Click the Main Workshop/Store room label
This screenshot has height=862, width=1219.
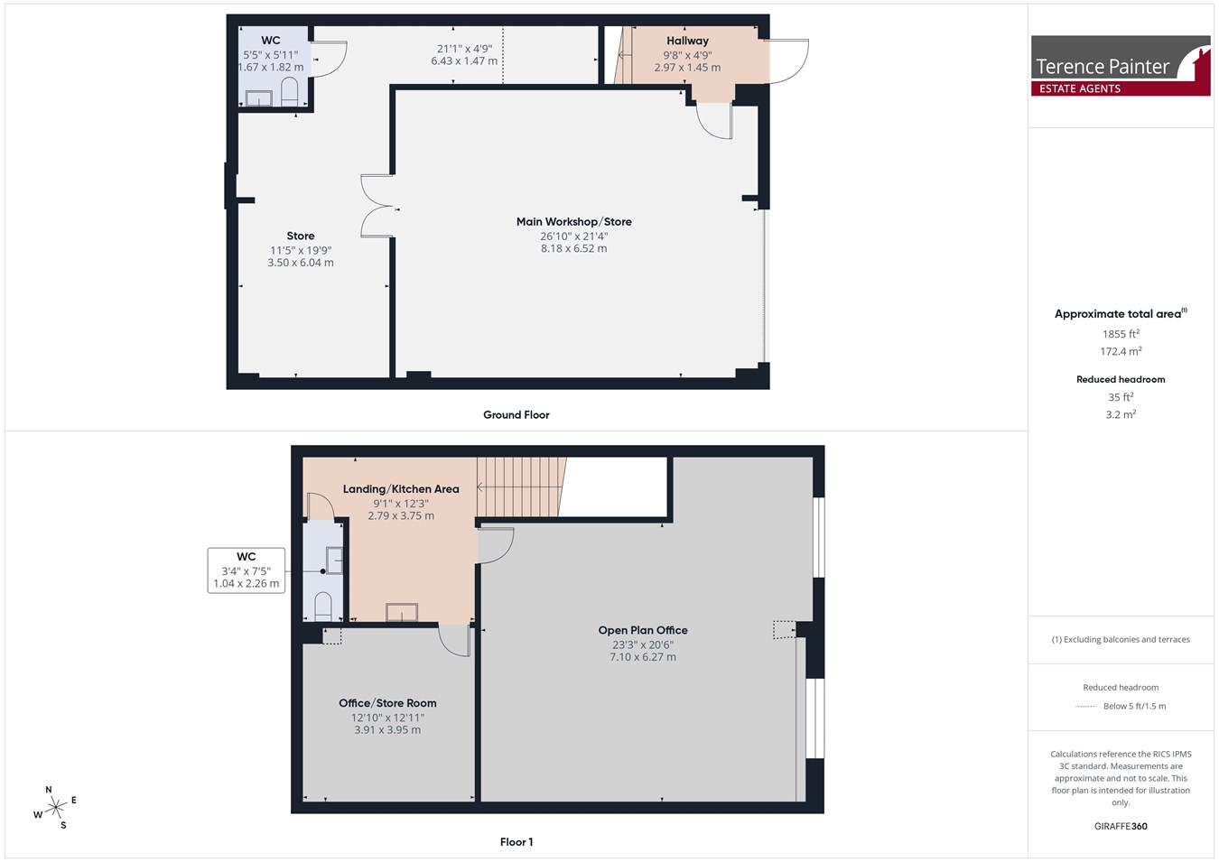573,222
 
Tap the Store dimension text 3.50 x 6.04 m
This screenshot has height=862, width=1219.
301,263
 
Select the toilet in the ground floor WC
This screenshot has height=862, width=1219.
290,91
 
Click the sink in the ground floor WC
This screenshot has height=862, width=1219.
258,98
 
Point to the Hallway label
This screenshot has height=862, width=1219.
687,41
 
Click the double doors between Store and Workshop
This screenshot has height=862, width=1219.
377,206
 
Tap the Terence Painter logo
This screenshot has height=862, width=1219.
1121,66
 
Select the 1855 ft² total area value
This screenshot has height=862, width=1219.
1121,333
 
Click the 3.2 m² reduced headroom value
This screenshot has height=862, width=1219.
1121,414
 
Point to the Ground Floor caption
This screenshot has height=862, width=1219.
516,415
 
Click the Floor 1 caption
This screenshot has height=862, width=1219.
516,842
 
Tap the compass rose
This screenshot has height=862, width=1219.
55,808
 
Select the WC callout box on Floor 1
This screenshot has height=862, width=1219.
246,570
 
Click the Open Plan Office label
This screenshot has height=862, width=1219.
643,630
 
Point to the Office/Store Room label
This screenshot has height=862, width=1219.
387,703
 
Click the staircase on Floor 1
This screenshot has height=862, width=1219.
521,487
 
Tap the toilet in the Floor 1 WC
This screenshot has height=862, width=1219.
323,606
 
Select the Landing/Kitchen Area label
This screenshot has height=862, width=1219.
401,489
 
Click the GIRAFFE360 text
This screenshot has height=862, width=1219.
1121,826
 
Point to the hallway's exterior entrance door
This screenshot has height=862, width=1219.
789,60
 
